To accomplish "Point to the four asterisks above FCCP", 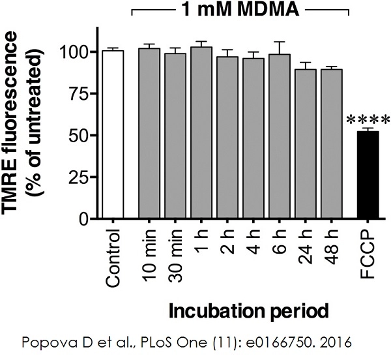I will coord(368,121).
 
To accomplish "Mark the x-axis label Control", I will coord(113,258).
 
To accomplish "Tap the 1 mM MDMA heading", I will coord(240,10).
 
